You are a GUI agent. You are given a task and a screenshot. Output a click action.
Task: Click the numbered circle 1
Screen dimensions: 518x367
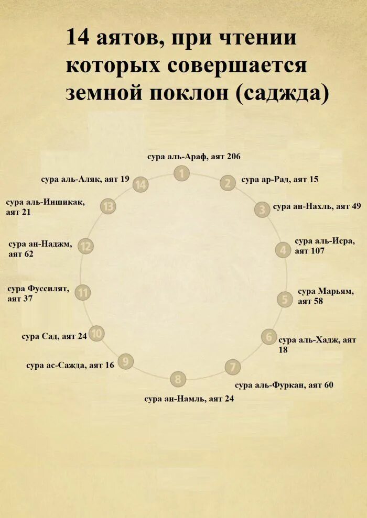(181, 173)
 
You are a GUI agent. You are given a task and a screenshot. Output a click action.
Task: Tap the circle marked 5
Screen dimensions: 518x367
(285, 299)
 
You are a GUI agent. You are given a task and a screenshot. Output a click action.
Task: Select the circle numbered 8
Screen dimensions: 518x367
(178, 379)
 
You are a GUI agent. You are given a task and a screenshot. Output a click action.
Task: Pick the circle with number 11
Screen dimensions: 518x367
(83, 292)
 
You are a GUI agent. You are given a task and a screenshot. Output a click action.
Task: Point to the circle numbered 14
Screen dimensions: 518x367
(141, 184)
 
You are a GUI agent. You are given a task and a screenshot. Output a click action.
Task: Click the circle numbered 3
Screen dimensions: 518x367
(262, 210)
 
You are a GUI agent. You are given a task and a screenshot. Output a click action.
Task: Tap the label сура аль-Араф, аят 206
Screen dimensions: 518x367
(194, 156)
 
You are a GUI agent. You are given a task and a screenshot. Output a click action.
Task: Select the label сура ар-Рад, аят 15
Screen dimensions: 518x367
(280, 179)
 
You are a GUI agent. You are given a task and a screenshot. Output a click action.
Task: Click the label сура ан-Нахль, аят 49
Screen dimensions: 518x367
(317, 206)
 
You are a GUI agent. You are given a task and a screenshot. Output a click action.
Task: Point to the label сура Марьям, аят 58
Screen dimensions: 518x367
(326, 296)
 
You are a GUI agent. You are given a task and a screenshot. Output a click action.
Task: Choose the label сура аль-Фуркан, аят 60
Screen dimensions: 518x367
(284, 385)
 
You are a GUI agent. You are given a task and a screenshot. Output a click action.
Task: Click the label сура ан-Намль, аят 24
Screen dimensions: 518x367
(189, 399)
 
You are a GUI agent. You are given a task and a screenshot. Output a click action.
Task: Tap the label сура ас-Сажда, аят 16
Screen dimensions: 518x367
(70, 365)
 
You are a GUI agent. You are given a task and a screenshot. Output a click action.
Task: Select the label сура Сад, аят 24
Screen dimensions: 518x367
(54, 336)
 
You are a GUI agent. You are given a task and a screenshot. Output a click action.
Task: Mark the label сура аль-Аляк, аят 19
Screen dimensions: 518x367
(85, 179)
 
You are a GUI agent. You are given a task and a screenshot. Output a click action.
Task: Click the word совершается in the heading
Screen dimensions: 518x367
(238, 66)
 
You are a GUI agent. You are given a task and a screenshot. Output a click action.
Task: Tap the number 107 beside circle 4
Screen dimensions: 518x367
(317, 251)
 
